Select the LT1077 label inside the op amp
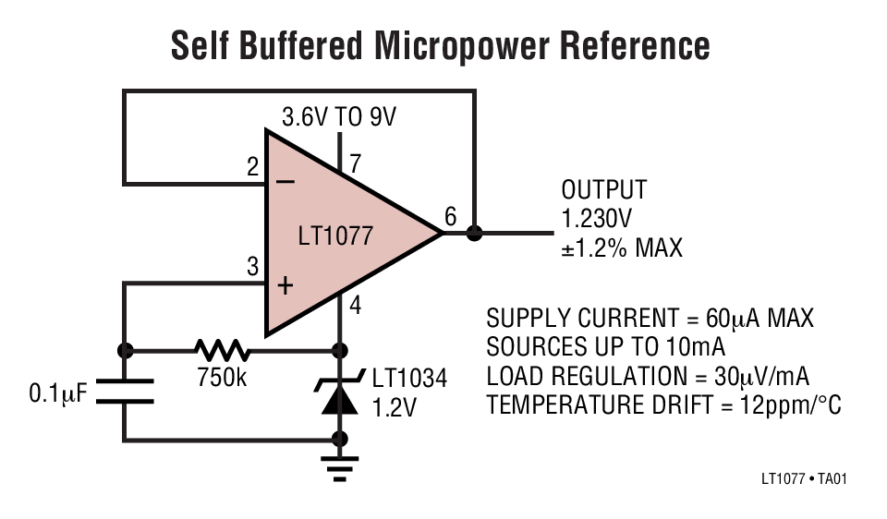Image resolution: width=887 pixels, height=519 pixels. pyautogui.click(x=335, y=236)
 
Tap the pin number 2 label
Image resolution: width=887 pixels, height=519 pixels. pyautogui.click(x=252, y=168)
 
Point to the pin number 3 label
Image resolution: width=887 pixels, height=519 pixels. pyautogui.click(x=252, y=268)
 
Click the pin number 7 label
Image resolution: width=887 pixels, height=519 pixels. pyautogui.click(x=356, y=164)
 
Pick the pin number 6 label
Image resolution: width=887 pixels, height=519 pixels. pyautogui.click(x=450, y=217)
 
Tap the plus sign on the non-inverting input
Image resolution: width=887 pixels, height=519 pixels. pyautogui.click(x=285, y=285)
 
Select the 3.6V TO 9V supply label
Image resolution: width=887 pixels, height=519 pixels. pyautogui.click(x=339, y=117)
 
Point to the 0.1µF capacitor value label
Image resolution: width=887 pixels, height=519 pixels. pyautogui.click(x=57, y=394)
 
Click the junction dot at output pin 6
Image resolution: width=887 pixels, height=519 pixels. pyautogui.click(x=474, y=233)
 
